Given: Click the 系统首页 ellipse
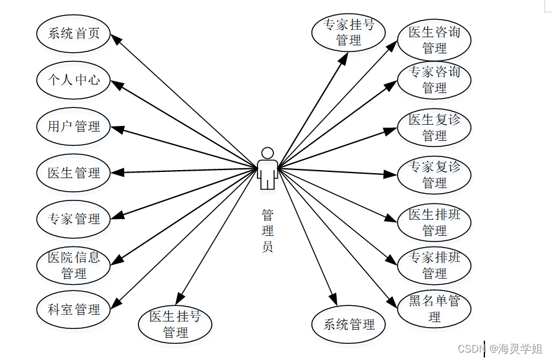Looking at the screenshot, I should point(73,34).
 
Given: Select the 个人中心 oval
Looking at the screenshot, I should point(73,79).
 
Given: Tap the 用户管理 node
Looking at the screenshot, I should point(73,127).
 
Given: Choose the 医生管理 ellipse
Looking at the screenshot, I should point(73,173).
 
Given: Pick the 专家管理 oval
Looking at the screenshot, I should point(73,219).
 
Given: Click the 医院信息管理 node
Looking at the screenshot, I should point(73,265).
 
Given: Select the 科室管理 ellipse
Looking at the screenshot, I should point(73,309).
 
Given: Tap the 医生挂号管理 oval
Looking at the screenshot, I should point(175,325).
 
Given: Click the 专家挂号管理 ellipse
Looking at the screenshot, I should point(348,33).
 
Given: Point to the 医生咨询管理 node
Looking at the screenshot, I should point(434,40).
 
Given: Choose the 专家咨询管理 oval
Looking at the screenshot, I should point(434,80).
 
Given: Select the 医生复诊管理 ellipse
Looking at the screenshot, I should point(434,127).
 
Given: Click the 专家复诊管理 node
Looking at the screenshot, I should point(434,174).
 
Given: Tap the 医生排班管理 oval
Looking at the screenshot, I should point(434,222).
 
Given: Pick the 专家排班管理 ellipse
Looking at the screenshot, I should point(434,265).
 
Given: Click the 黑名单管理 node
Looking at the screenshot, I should point(434,308).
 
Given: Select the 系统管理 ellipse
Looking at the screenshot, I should point(349,324).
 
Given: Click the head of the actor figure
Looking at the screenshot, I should point(267,153).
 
